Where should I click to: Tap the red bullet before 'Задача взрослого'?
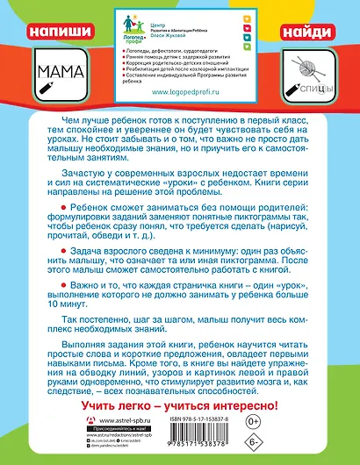[54, 249]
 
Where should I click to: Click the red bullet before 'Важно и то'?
[54, 285]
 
